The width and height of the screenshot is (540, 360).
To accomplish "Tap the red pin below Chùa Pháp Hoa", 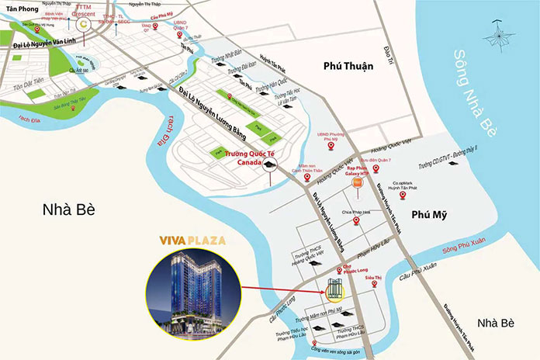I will pyautogui.click(x=356, y=221).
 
